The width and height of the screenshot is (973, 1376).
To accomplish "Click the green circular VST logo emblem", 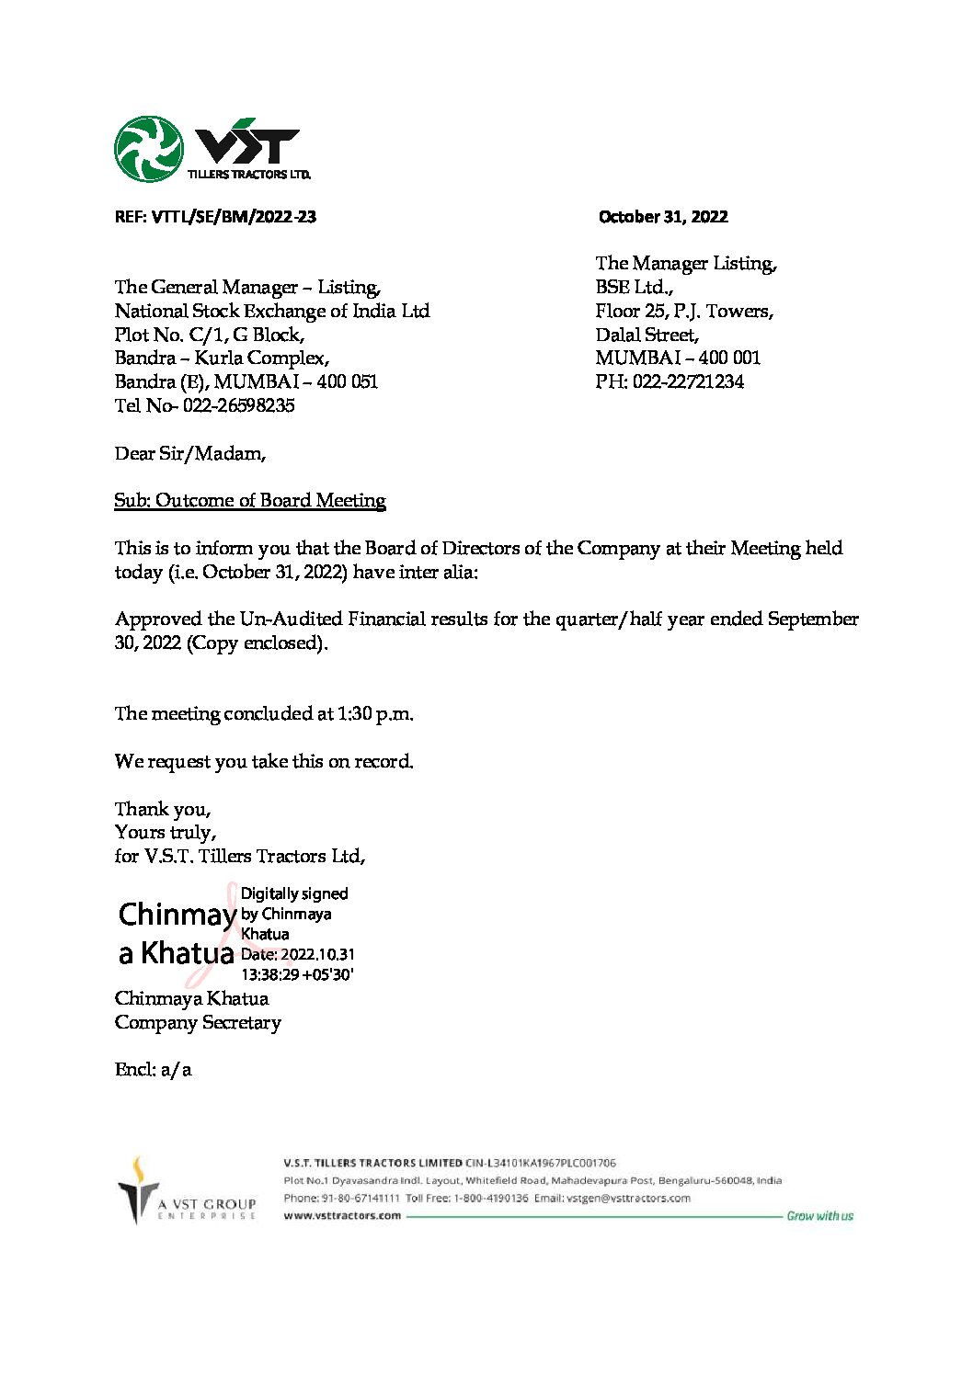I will (148, 149).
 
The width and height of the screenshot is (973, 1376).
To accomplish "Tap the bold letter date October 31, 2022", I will (662, 217).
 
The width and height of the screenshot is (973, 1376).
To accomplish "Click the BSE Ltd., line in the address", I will (634, 287).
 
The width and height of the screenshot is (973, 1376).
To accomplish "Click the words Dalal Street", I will (647, 335).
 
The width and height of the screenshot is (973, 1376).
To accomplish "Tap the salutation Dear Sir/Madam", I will (189, 453).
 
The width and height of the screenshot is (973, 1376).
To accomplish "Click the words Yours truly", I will (166, 832).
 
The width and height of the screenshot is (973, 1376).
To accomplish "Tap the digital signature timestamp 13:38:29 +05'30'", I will (297, 974).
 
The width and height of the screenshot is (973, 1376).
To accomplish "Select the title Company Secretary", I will (198, 1022).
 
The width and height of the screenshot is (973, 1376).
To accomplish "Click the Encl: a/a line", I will (153, 1069).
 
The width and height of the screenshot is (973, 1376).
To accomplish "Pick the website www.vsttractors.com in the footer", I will (342, 1215).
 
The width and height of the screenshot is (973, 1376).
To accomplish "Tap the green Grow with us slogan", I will (819, 1215).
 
